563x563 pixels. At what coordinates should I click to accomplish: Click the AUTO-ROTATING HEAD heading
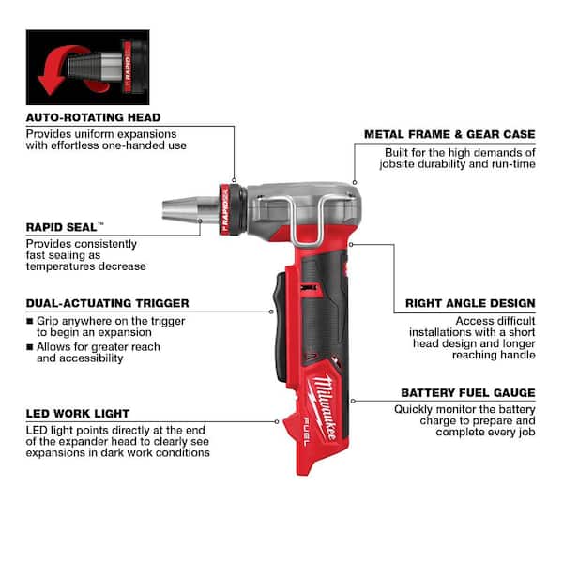(93, 117)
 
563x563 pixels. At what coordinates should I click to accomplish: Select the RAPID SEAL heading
(65, 227)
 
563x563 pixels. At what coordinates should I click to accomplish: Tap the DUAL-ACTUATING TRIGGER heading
(107, 303)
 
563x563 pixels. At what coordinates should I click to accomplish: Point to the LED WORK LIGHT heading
(78, 413)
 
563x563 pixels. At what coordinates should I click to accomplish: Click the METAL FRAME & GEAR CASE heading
(449, 134)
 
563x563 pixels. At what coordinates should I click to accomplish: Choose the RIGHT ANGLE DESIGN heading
(470, 303)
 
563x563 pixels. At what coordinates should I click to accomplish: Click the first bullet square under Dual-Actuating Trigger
(30, 320)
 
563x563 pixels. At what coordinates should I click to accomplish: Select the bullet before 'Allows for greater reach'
(30, 347)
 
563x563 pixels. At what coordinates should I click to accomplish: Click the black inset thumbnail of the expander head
(87, 67)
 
